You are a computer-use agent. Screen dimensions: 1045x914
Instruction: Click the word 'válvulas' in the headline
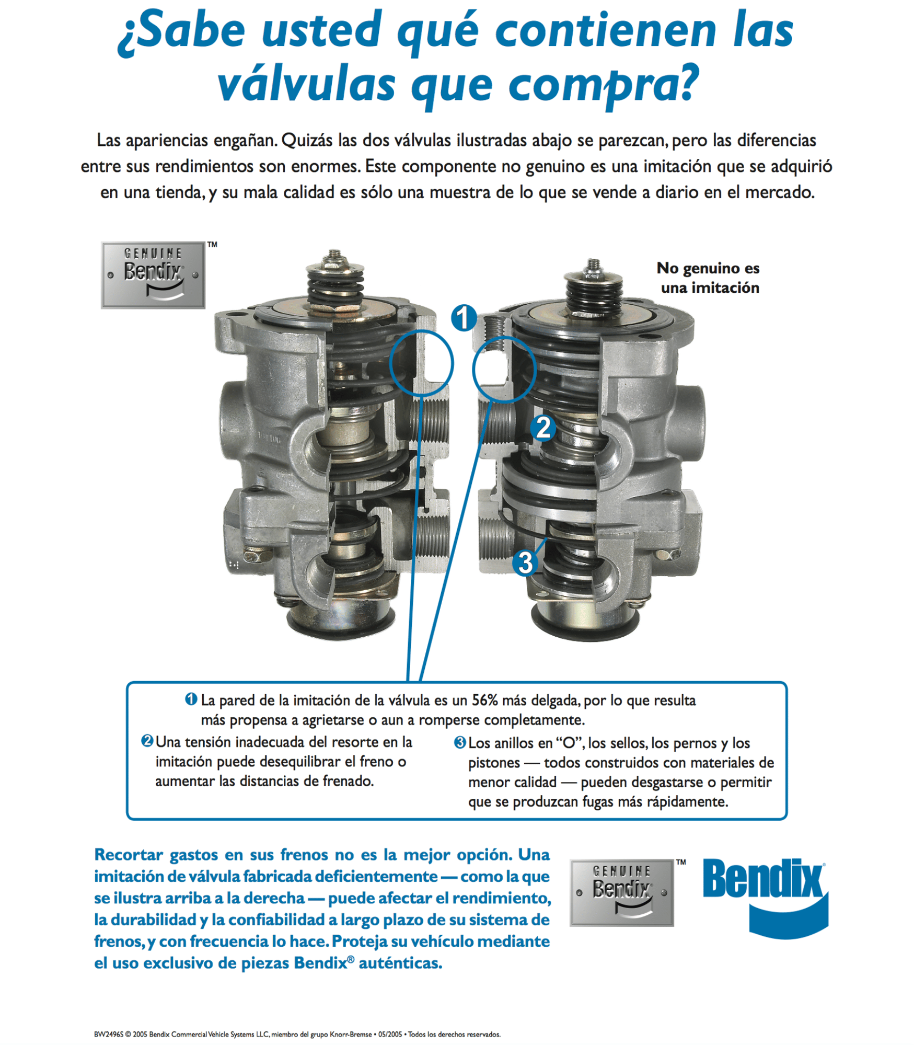[x=306, y=85]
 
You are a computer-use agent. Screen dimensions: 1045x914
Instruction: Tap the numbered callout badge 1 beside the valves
[x=464, y=318]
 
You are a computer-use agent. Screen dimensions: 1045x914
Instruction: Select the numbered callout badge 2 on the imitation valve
[x=543, y=428]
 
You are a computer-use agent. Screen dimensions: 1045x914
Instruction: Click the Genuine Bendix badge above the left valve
[x=153, y=275]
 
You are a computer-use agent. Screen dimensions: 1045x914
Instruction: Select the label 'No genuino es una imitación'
[x=709, y=278]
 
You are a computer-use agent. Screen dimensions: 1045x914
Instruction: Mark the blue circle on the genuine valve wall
[x=421, y=363]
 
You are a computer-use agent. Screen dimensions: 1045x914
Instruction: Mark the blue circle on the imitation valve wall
[x=504, y=369]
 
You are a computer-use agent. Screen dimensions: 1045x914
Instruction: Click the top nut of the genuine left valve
[x=335, y=259]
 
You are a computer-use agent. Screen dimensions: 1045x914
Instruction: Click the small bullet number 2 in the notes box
[x=147, y=741]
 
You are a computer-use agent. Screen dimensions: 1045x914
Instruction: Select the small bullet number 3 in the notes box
[x=460, y=742]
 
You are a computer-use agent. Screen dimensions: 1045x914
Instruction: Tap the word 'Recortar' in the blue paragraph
[x=129, y=855]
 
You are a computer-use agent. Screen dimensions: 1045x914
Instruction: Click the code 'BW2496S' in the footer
[x=109, y=1034]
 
